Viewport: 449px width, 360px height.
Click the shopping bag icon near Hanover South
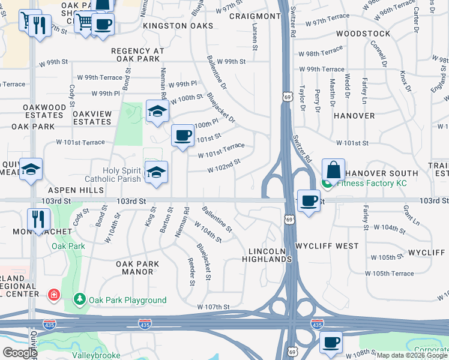point(333,170)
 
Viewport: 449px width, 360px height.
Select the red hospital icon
point(53,295)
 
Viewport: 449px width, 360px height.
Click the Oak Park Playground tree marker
point(79,299)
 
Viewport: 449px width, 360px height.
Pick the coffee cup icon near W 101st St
point(182,135)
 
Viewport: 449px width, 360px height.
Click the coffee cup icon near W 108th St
point(331,342)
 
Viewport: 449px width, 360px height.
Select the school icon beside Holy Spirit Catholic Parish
point(156,172)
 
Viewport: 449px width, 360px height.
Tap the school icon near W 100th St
point(157,110)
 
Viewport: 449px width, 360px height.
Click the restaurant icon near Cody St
point(37,218)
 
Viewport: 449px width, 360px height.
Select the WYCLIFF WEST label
point(327,246)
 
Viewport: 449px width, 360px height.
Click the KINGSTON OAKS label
point(178,26)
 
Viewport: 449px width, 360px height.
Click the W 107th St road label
point(213,307)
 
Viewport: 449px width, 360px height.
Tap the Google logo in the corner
point(20,353)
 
